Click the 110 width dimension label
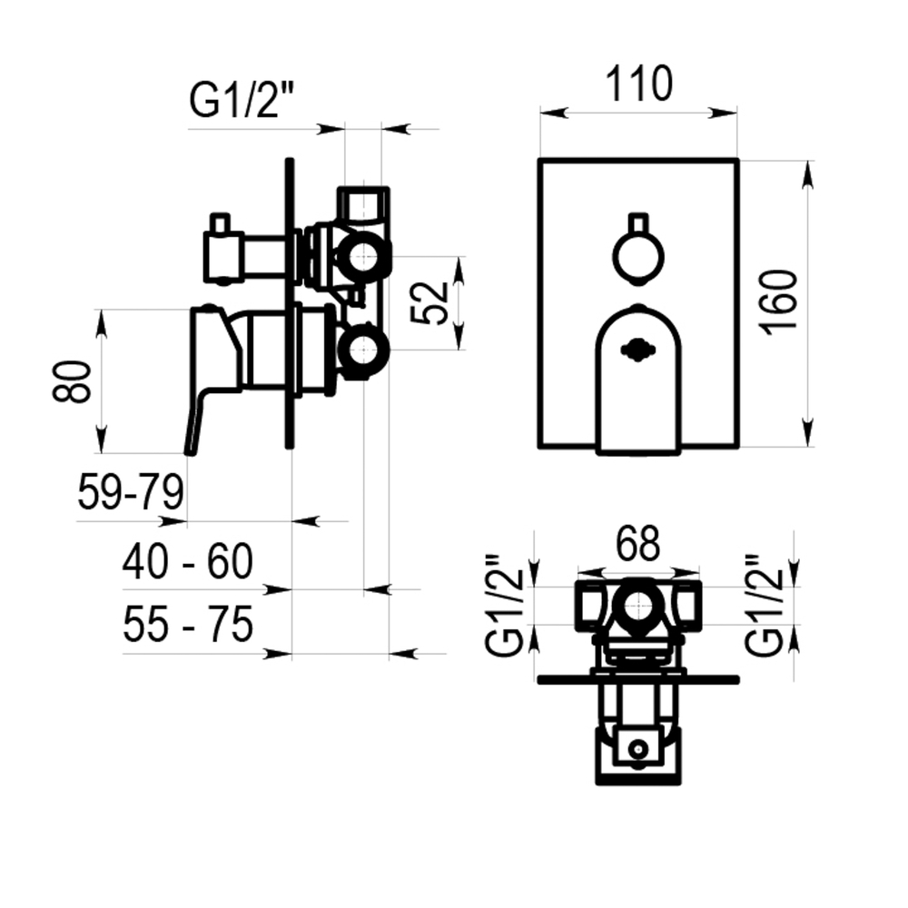pyautogui.click(x=638, y=84)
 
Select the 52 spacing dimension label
pyautogui.click(x=429, y=303)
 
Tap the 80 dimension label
pyautogui.click(x=72, y=381)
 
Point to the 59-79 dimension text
pyautogui.click(x=131, y=491)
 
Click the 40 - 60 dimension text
pyautogui.click(x=188, y=561)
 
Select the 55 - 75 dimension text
pyautogui.click(x=188, y=625)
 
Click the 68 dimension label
pyautogui.click(x=637, y=544)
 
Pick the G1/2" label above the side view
pyautogui.click(x=242, y=100)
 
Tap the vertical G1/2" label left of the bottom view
pyautogui.click(x=505, y=605)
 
